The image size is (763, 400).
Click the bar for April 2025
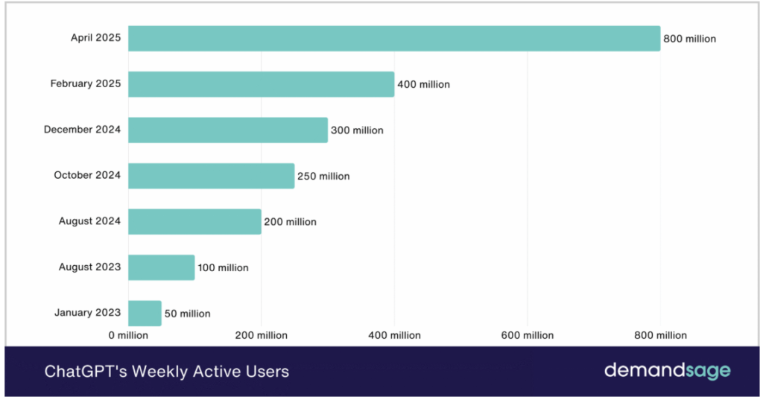pyautogui.click(x=394, y=39)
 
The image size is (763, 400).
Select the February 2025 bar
pyautogui.click(x=261, y=84)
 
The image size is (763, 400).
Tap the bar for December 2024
pyautogui.click(x=228, y=130)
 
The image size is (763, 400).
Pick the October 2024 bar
pyautogui.click(x=211, y=176)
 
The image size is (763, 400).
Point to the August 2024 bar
pyautogui.click(x=194, y=221)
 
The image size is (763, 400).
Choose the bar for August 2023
pyautogui.click(x=161, y=267)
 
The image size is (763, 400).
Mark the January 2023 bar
pyautogui.click(x=145, y=313)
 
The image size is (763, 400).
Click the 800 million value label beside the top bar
pyautogui.click(x=689, y=39)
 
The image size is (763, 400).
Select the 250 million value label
pyautogui.click(x=323, y=177)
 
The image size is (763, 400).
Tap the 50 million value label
pyautogui.click(x=187, y=314)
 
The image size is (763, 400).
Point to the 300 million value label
pyautogui.click(x=357, y=130)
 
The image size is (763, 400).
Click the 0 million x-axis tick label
pyautogui.click(x=128, y=335)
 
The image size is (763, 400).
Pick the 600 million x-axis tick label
pyautogui.click(x=528, y=335)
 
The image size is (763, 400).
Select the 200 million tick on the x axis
pyautogui.click(x=261, y=335)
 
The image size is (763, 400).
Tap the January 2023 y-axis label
pyautogui.click(x=87, y=313)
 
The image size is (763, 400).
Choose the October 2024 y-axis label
pyautogui.click(x=87, y=176)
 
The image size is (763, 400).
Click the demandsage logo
pyautogui.click(x=667, y=370)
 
